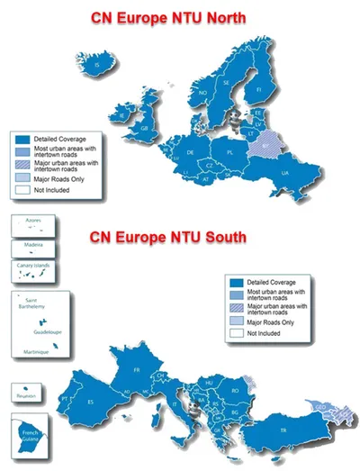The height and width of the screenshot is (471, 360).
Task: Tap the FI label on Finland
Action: click(259, 89)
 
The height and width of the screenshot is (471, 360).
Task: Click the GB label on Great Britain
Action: click(144, 129)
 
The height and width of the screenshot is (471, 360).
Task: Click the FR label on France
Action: click(138, 370)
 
